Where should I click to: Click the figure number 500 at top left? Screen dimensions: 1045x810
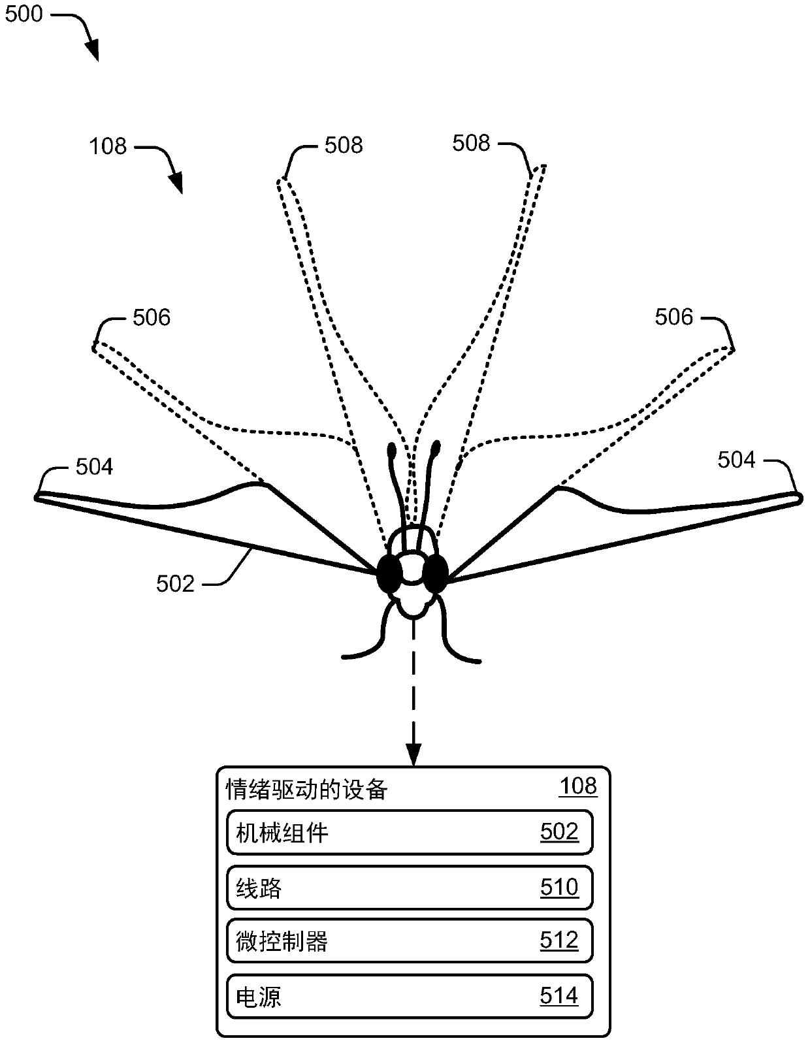pyautogui.click(x=24, y=14)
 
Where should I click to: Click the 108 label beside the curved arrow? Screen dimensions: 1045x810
pyautogui.click(x=108, y=146)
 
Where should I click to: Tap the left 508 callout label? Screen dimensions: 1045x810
pyautogui.click(x=343, y=146)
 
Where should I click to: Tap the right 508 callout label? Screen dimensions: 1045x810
pyautogui.click(x=471, y=143)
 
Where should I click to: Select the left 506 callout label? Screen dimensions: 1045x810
pyautogui.click(x=151, y=318)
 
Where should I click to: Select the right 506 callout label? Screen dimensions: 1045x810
pyautogui.click(x=673, y=317)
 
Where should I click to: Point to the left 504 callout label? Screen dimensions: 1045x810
pyautogui.click(x=94, y=466)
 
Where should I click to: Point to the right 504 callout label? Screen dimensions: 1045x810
pyautogui.click(x=736, y=460)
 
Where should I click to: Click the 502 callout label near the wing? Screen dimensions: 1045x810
pyautogui.click(x=175, y=583)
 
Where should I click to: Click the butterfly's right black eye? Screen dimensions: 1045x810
pyautogui.click(x=434, y=573)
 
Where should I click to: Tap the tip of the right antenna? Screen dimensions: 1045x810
pyautogui.click(x=436, y=448)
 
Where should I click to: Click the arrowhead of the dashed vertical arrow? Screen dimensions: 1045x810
pyautogui.click(x=413, y=754)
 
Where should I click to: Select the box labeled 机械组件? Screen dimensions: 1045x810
pyautogui.click(x=409, y=832)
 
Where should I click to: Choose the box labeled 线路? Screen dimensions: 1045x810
pyautogui.click(x=409, y=888)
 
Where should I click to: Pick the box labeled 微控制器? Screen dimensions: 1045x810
pyautogui.click(x=409, y=941)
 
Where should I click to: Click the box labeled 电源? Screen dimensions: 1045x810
pyautogui.click(x=409, y=997)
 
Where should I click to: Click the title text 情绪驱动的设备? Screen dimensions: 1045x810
pyautogui.click(x=306, y=790)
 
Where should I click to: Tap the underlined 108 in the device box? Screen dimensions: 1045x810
pyautogui.click(x=577, y=786)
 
